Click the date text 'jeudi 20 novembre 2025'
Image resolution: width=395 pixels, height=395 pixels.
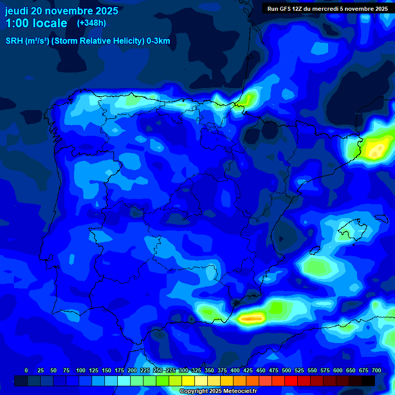tap(62, 11)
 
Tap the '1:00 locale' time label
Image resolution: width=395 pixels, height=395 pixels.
tap(36, 24)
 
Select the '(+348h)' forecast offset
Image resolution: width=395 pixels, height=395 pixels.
tap(91, 23)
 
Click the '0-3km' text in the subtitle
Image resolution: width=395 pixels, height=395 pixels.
tap(158, 41)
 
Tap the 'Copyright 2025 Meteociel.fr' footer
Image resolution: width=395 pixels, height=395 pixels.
tap(218, 391)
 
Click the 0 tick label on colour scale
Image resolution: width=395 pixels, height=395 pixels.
tap(26, 370)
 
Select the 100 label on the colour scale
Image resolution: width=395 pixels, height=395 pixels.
tap(80, 370)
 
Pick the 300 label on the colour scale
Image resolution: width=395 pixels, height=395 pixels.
tap(183, 370)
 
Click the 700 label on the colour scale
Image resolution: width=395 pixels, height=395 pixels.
tap(376, 370)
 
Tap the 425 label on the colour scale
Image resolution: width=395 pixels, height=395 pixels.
tap(247, 370)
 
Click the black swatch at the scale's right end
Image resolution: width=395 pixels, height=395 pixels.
tap(368, 381)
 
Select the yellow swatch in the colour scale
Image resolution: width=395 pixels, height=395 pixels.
tap(188, 381)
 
